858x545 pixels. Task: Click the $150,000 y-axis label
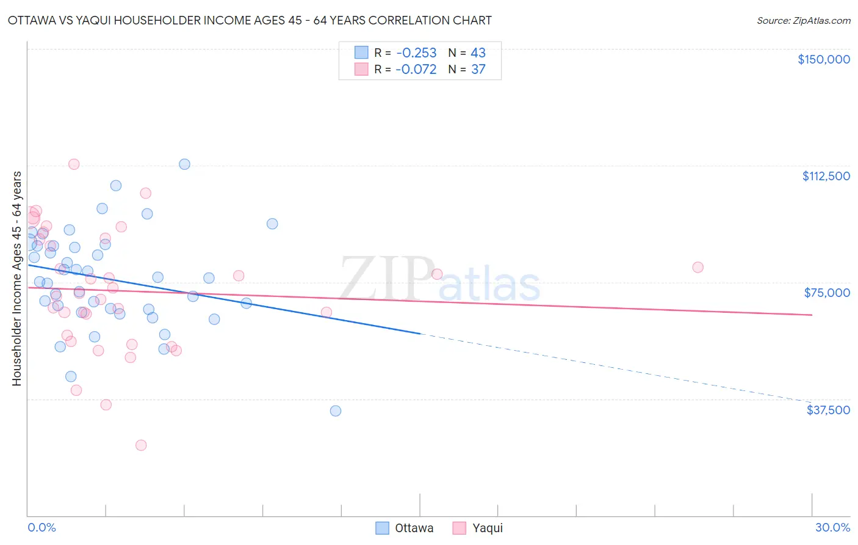(823, 59)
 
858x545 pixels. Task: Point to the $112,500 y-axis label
(826, 176)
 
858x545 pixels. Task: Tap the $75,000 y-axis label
(827, 293)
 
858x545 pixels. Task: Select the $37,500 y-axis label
(828, 410)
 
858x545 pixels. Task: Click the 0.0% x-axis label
(41, 527)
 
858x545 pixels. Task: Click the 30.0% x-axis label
(832, 527)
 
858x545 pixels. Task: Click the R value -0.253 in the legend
(416, 53)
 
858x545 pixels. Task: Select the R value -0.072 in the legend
(416, 70)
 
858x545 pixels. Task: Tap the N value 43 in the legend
(478, 53)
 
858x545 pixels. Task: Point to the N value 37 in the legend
(478, 70)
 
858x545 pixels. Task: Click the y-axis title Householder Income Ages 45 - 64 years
(16, 279)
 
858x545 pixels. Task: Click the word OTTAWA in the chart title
(35, 20)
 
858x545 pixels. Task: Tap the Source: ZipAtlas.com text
(803, 21)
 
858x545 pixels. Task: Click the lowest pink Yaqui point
(141, 445)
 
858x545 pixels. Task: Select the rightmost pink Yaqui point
(698, 267)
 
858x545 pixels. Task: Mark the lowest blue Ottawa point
(336, 411)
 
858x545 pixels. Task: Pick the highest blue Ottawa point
(184, 164)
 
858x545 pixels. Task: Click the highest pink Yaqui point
(74, 164)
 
